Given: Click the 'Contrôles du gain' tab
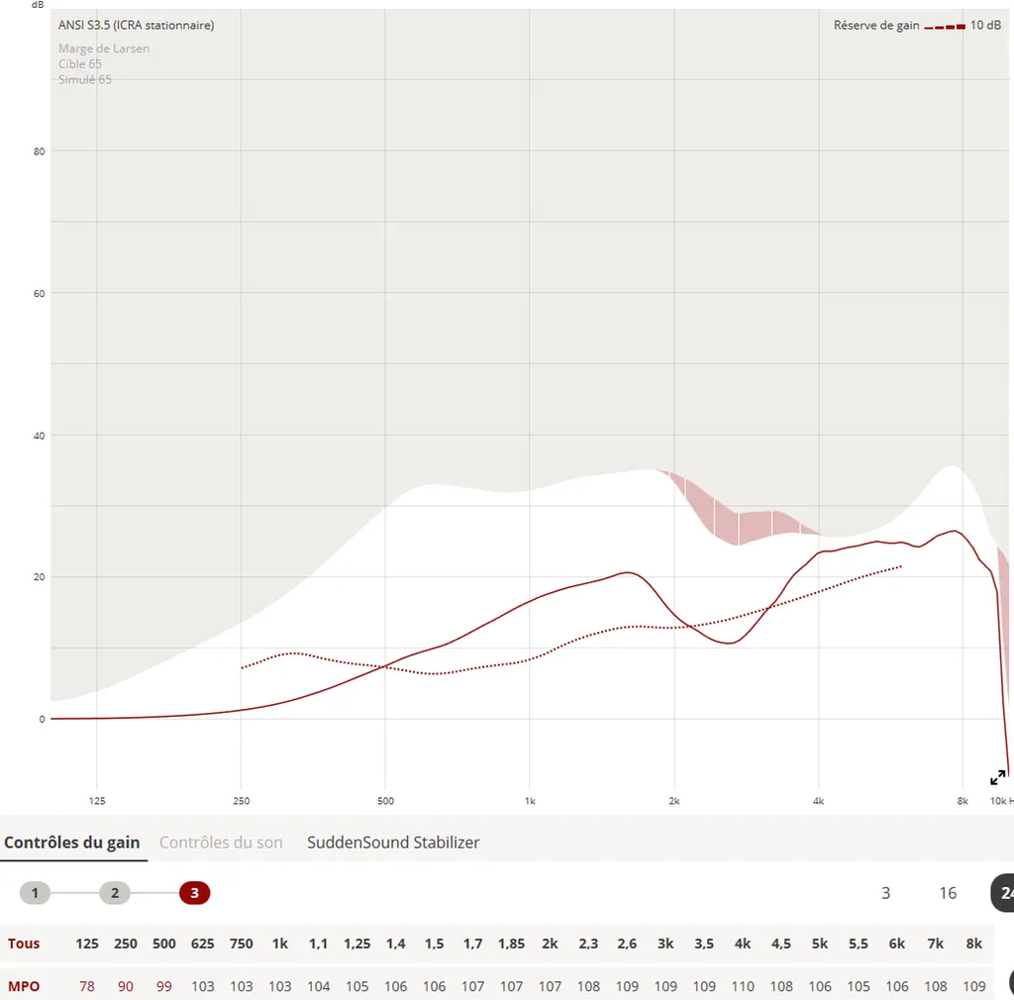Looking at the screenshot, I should pyautogui.click(x=71, y=843).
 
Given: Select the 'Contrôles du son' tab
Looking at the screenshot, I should pyautogui.click(x=221, y=843).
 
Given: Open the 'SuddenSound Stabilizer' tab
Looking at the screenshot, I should pyautogui.click(x=393, y=843).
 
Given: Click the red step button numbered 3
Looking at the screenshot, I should pyautogui.click(x=194, y=893).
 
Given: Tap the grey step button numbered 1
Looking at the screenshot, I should pyautogui.click(x=35, y=893).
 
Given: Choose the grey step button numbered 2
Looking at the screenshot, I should pyautogui.click(x=115, y=893).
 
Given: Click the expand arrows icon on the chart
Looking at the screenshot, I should pyautogui.click(x=998, y=777).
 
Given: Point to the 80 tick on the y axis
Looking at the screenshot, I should pyautogui.click(x=42, y=151).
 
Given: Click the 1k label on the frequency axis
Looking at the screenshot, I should pyautogui.click(x=530, y=800).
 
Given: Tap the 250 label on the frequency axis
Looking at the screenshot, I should pyautogui.click(x=242, y=800).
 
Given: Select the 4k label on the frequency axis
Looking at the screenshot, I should pyautogui.click(x=818, y=800).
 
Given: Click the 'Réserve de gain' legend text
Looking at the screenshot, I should pyautogui.click(x=876, y=26).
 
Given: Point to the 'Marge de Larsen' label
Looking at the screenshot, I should pyautogui.click(x=104, y=49).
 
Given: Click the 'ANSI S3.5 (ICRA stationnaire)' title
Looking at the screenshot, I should pyautogui.click(x=136, y=26).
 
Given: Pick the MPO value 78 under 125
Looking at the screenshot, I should pyautogui.click(x=87, y=986).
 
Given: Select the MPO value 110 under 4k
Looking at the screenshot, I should pyautogui.click(x=743, y=986).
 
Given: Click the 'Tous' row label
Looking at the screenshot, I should pyautogui.click(x=24, y=944).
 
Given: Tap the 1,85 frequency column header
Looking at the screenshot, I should pyautogui.click(x=511, y=944).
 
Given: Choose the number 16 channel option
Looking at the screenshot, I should pyautogui.click(x=948, y=893).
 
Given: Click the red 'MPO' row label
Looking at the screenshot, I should pyautogui.click(x=24, y=986).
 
